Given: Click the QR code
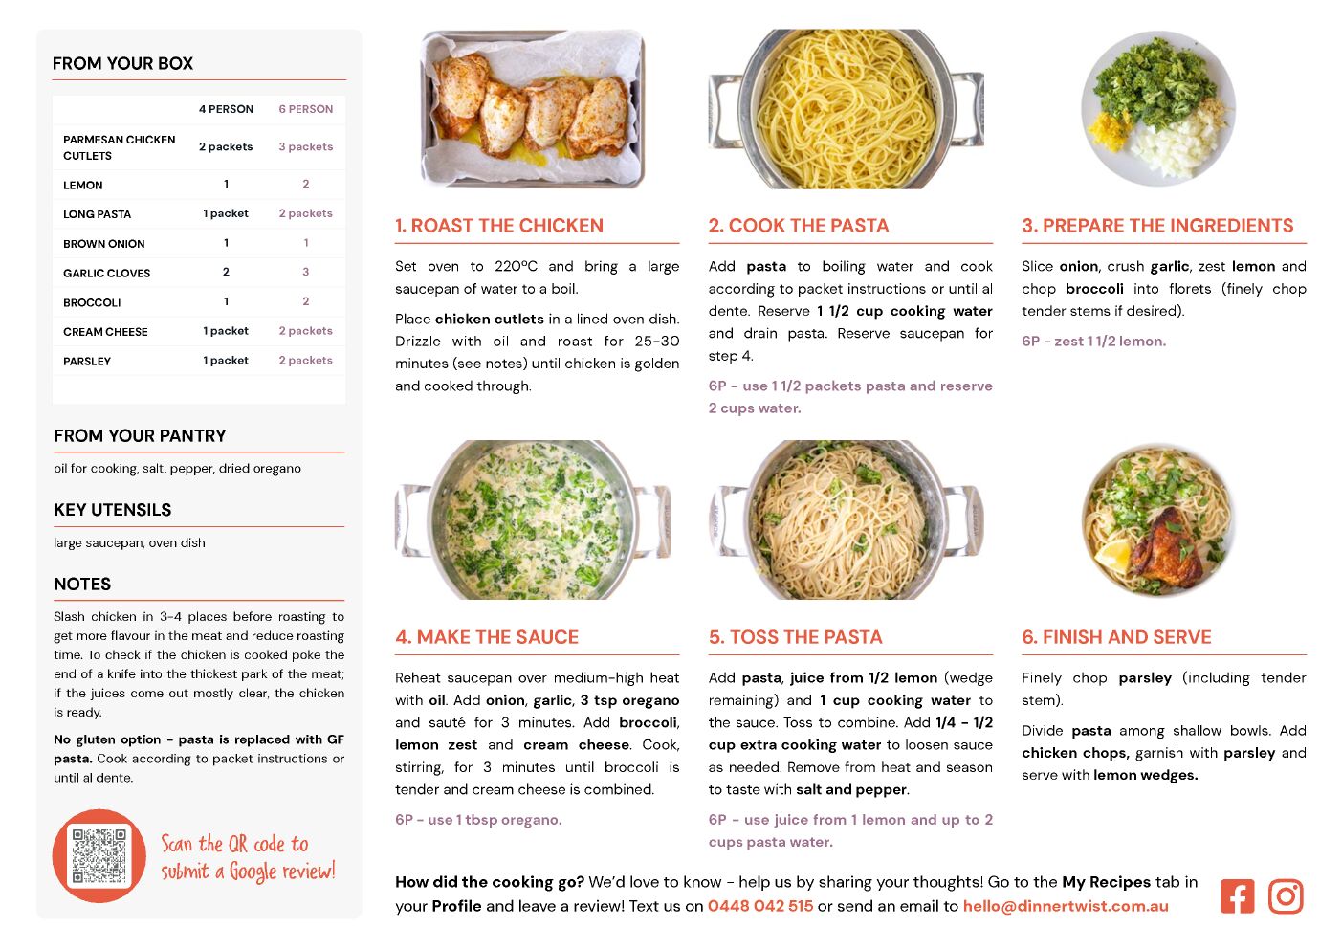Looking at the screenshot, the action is point(99,855).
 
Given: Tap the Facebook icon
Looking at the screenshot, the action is point(1237,896).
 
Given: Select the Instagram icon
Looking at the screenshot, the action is point(1286,896).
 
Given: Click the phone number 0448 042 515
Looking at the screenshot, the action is point(760,906).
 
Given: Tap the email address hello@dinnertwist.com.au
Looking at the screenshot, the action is point(1066,906).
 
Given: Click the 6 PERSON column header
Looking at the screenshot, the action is point(305,109).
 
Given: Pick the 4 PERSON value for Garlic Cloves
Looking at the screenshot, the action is point(226,272).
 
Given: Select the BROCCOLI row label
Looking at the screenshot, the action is point(92,302).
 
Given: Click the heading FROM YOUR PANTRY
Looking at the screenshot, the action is point(140,435).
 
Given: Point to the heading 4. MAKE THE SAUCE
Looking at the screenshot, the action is point(487,637).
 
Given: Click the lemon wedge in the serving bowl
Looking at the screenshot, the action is point(1113,555).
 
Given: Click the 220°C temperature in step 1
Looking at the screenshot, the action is point(516,266).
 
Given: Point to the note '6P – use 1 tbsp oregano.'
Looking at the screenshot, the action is point(478,820).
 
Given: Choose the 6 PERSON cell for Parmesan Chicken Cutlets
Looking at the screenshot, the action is point(305,146).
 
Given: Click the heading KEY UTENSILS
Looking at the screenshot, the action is point(112,510).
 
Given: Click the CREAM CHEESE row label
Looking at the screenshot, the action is point(105,332).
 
